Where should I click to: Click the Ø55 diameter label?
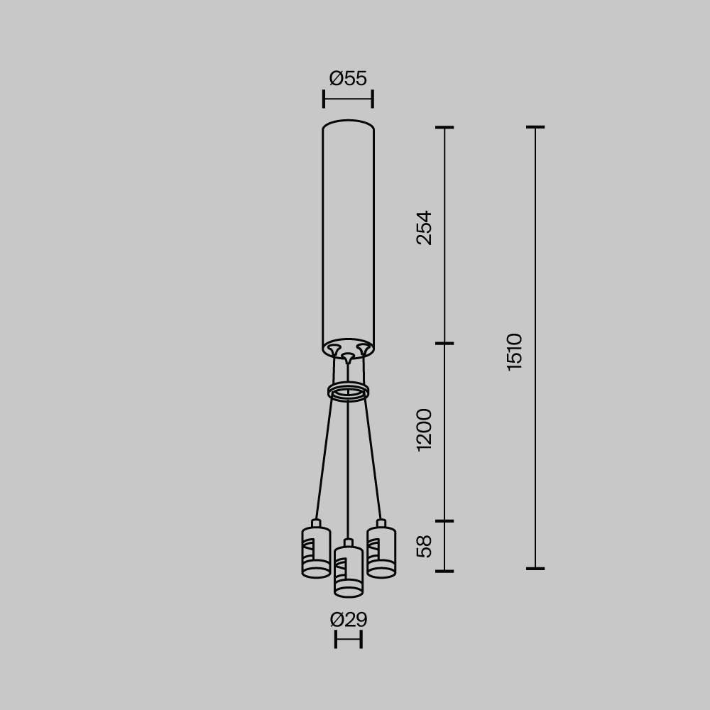(348, 78)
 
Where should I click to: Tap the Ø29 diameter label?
(348, 620)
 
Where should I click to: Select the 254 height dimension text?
(424, 227)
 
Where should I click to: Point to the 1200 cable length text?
(424, 430)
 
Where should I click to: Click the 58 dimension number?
(424, 546)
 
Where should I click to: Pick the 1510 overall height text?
(515, 351)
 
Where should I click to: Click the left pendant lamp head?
(316, 552)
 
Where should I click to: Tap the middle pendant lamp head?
(348, 570)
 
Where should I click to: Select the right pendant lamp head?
(381, 552)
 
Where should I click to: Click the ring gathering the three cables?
(348, 391)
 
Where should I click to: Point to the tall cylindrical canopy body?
(348, 234)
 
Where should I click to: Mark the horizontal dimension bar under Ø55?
(348, 99)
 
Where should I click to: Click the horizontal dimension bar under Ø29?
(348, 640)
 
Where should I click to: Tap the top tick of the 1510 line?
(535, 128)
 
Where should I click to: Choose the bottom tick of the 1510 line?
(535, 568)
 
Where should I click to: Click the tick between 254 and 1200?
(444, 344)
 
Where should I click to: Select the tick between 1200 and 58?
(444, 521)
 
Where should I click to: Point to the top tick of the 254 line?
(444, 128)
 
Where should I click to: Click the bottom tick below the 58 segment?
(444, 570)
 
